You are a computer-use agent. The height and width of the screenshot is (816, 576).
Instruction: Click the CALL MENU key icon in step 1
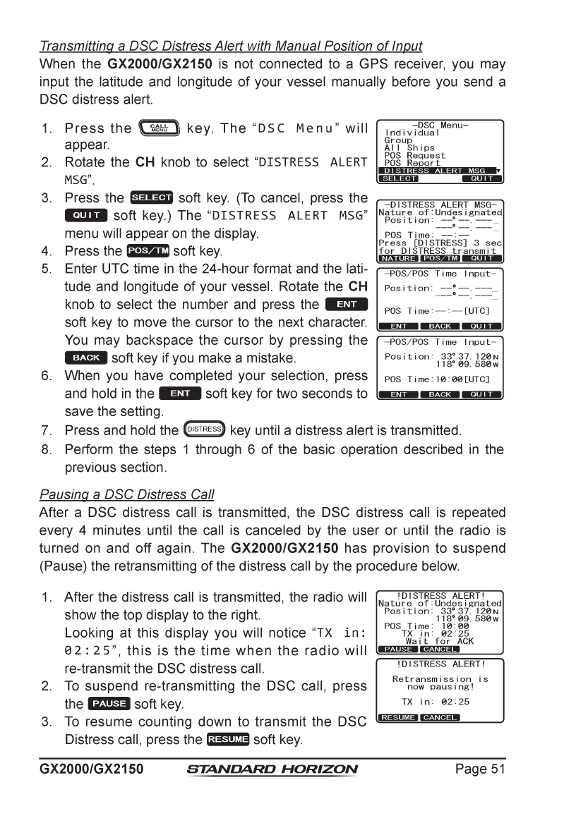tap(164, 129)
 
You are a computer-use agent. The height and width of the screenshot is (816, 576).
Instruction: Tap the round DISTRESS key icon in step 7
tap(203, 429)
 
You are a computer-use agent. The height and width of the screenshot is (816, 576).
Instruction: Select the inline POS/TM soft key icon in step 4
tap(146, 251)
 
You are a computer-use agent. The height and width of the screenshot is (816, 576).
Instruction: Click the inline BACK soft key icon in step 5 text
tap(86, 358)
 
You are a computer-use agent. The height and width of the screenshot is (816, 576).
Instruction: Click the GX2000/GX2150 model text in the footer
tap(91, 769)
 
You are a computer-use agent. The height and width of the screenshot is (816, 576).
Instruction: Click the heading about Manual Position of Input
tap(231, 47)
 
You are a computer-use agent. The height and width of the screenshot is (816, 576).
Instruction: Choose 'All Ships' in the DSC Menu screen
tap(409, 147)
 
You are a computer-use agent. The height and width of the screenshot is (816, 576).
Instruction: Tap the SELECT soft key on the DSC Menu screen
tap(400, 179)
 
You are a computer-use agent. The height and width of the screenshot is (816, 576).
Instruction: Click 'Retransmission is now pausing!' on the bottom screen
tap(440, 683)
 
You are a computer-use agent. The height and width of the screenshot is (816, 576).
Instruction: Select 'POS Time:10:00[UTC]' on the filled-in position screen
tap(437, 379)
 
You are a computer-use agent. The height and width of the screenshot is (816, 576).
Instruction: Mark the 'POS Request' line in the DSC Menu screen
tap(414, 155)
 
